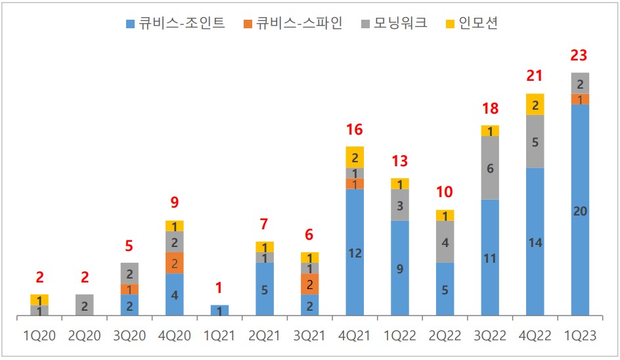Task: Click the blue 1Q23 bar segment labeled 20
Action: pos(580,210)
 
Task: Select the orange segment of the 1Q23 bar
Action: pos(580,99)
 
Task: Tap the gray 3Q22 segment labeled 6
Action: pos(490,168)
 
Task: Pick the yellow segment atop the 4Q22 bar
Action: pos(535,104)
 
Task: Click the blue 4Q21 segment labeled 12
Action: pos(355,252)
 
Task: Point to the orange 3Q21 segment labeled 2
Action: pos(309,284)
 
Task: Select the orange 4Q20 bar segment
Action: pos(175,263)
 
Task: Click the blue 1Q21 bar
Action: pos(219,311)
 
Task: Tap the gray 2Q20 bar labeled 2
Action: pos(85,305)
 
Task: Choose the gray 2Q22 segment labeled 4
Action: pos(445,242)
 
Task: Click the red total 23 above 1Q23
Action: pos(579,55)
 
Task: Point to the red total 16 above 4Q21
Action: pos(355,129)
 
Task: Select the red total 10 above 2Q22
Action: pos(445,192)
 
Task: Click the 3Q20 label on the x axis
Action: pos(130,336)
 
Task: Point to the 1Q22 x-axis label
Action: pos(399,336)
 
